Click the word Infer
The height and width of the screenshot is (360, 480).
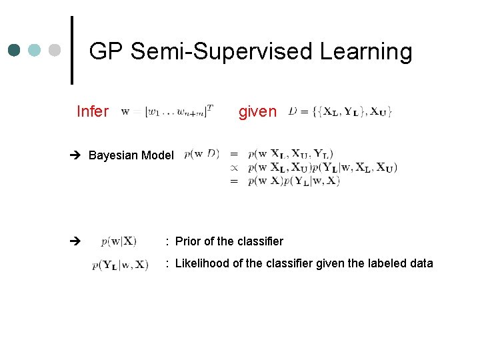pos(92,111)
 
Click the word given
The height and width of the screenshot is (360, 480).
pos(257,111)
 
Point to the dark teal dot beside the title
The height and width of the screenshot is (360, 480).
pos(15,50)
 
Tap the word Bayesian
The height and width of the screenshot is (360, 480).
pos(112,155)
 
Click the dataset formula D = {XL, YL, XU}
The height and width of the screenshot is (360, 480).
pos(340,111)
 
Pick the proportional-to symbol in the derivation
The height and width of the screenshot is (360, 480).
pos(233,167)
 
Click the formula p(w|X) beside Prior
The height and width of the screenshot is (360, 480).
pos(119,241)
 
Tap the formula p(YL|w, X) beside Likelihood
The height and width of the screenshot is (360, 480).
pos(121,265)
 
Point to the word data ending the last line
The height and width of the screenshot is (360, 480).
pos(421,263)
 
